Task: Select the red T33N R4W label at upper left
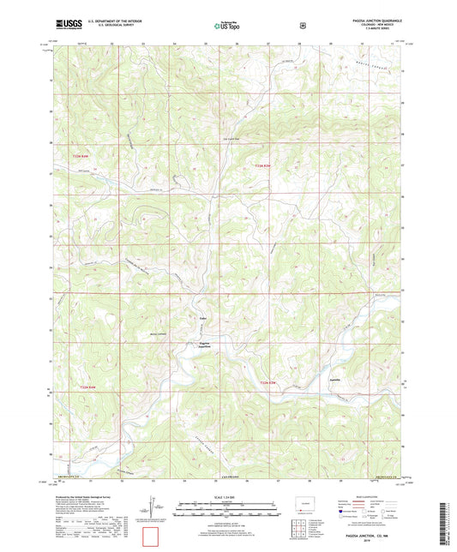(x=81, y=156)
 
